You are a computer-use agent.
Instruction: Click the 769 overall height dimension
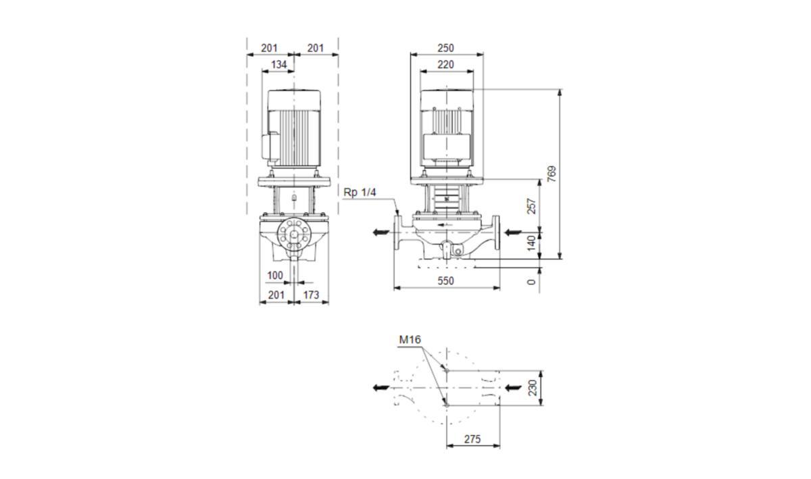tap(551, 174)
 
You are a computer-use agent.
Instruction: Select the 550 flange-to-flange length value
tap(445, 281)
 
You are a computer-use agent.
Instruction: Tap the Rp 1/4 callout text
tap(360, 193)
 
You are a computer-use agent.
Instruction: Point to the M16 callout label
tap(410, 340)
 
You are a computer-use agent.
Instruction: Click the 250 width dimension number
tap(445, 48)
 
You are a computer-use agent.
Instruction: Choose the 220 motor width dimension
tap(445, 64)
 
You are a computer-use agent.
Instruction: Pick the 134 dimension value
tap(278, 64)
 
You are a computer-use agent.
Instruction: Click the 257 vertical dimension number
tap(531, 206)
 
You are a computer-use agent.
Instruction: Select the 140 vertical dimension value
tap(531, 243)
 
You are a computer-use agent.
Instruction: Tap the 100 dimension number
tap(275, 276)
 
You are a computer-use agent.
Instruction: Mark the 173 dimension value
tap(311, 295)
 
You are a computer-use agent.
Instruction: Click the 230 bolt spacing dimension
tap(533, 388)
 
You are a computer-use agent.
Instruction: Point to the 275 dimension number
tap(472, 439)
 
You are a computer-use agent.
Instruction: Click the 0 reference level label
tap(531, 282)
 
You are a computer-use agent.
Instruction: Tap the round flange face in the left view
tap(294, 234)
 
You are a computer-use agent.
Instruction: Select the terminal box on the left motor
tap(270, 147)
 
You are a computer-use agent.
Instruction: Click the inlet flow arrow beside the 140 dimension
tap(513, 232)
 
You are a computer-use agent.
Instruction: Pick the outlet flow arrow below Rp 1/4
tap(381, 232)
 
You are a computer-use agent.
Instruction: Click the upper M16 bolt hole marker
tap(447, 370)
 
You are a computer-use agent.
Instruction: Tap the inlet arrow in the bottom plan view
tap(514, 388)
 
